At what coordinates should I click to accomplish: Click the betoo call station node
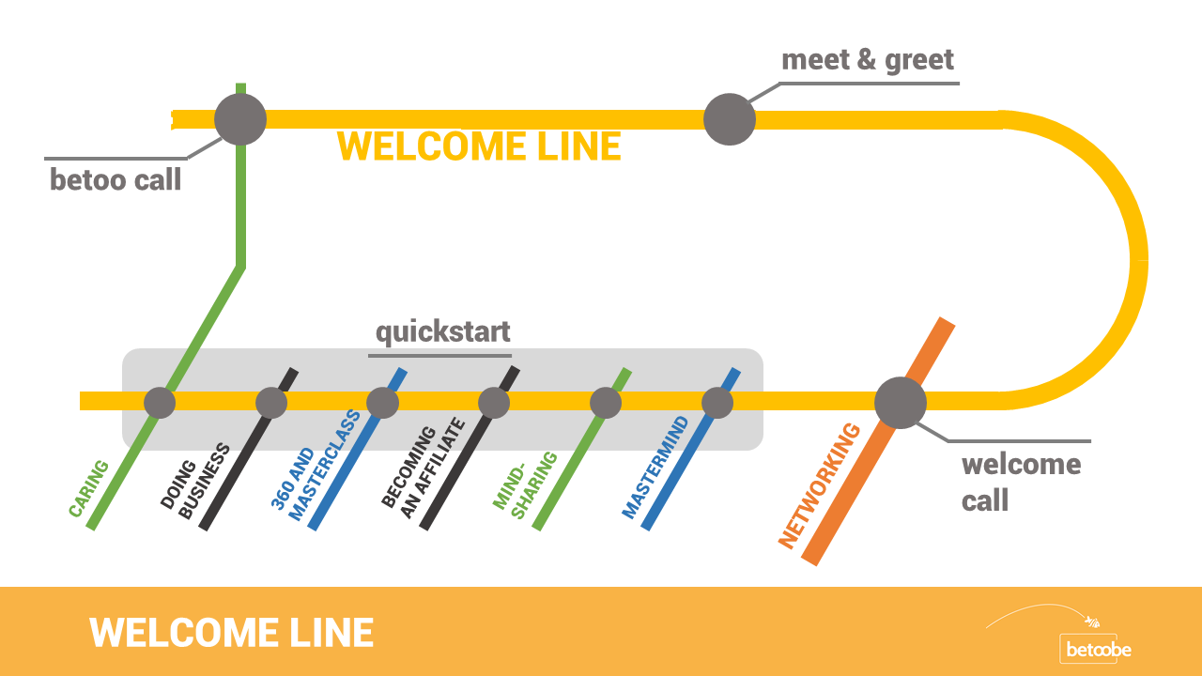(x=240, y=119)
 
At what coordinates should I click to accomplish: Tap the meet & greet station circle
(x=730, y=119)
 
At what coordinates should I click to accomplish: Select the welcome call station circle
(x=901, y=402)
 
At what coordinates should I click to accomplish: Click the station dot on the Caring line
(x=160, y=403)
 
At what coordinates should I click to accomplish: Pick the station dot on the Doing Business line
(x=271, y=403)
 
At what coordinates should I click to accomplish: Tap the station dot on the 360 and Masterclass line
(x=382, y=403)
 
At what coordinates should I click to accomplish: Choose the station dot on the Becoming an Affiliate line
(x=494, y=403)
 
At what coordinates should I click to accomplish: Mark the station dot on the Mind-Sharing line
(x=606, y=403)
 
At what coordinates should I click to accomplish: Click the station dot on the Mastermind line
(x=717, y=403)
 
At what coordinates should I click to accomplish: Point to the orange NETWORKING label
(x=820, y=485)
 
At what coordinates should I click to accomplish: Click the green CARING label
(x=88, y=488)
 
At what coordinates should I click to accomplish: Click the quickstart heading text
(x=442, y=331)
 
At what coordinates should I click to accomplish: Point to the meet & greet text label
(x=868, y=60)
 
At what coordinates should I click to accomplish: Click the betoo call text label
(x=116, y=179)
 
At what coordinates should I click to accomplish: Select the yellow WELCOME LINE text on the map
(x=479, y=147)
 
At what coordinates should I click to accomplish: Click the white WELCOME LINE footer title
(x=231, y=632)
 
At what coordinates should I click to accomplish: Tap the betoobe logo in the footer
(x=1096, y=648)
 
